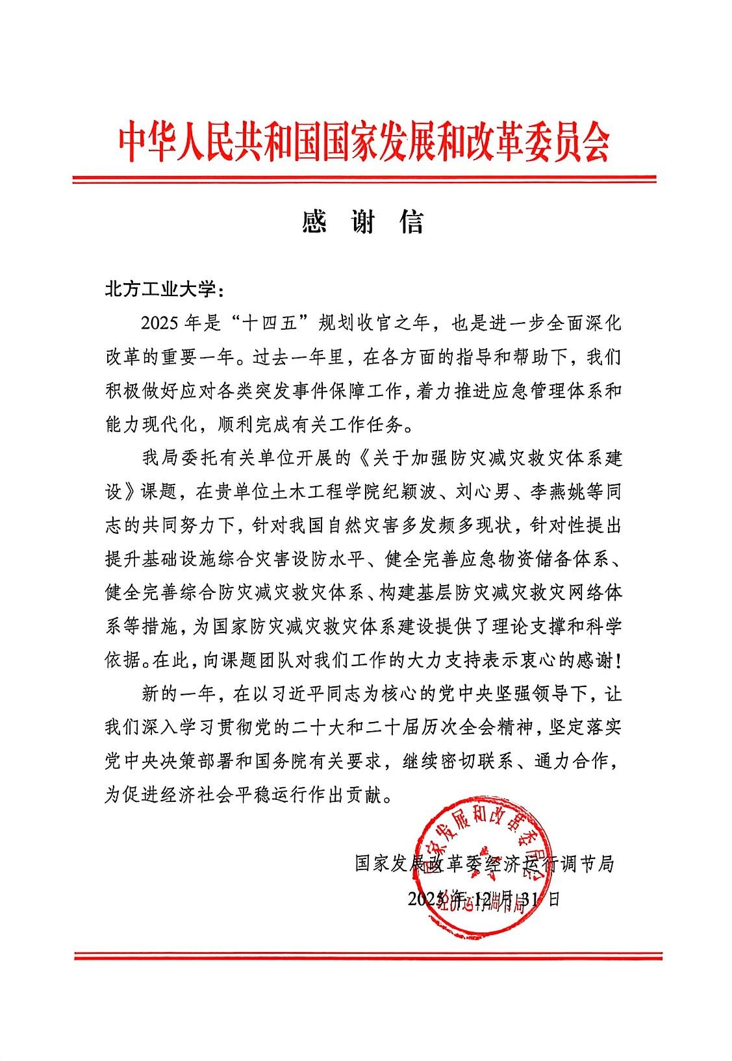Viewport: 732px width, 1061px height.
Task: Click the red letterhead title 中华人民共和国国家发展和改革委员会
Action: pos(364,143)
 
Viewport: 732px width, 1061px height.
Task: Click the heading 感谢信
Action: pos(363,222)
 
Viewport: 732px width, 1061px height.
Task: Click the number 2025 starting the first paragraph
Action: pos(159,323)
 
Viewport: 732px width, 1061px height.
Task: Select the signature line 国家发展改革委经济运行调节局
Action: pos(484,864)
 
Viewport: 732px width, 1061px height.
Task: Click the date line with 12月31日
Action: pos(483,899)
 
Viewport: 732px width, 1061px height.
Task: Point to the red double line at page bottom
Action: pos(367,955)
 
